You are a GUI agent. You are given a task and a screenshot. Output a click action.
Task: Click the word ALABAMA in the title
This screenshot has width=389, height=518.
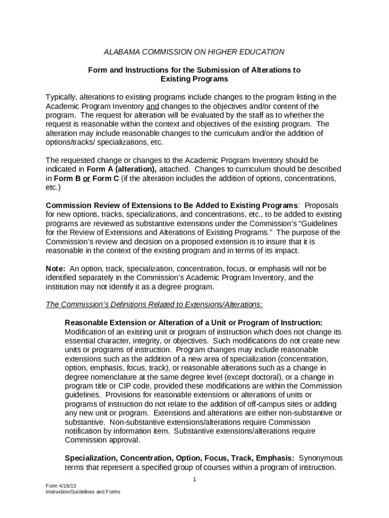(x=121, y=52)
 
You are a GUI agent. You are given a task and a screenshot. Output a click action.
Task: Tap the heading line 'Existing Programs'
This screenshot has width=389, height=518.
(x=194, y=79)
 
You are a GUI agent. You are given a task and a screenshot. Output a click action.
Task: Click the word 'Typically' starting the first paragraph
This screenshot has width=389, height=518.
(x=62, y=97)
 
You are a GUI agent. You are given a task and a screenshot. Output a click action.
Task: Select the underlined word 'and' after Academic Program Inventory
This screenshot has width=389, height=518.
(x=152, y=106)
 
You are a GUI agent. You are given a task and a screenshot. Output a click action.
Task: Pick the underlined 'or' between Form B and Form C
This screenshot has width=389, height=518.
(x=86, y=178)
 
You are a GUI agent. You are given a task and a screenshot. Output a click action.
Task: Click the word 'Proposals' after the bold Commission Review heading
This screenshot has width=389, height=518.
(x=321, y=205)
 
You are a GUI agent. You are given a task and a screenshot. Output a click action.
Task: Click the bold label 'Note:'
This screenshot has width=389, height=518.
(x=56, y=268)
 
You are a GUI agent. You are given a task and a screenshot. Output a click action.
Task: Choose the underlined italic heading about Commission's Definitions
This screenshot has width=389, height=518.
(x=154, y=305)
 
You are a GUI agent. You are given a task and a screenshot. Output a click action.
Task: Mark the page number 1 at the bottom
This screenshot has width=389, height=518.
(x=194, y=479)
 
